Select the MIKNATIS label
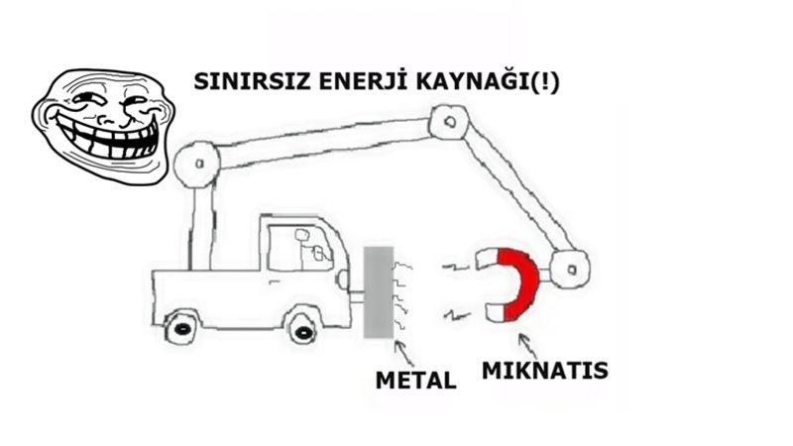[544, 372]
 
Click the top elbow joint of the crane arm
[448, 123]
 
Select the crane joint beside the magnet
[570, 267]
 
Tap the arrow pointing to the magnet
[521, 343]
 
